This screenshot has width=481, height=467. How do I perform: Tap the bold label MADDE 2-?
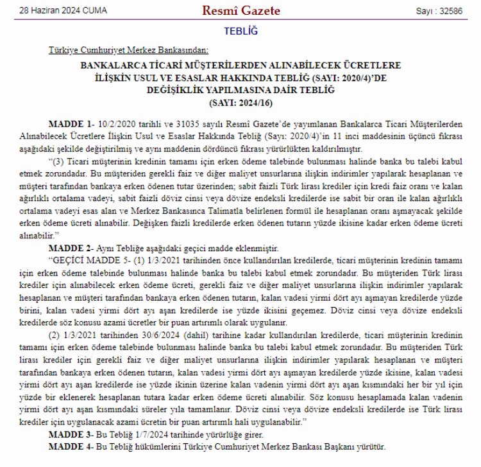click(68, 247)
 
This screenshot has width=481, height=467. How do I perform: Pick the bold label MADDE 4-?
click(68, 445)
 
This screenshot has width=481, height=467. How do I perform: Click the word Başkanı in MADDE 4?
click(328, 445)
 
